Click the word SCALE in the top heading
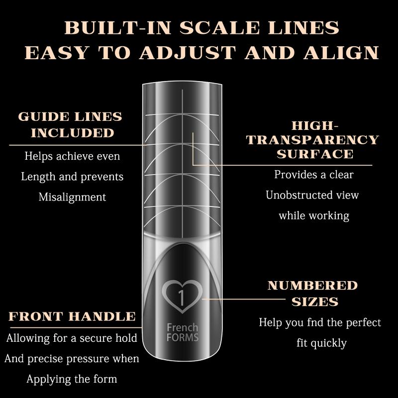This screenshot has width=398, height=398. (219, 28)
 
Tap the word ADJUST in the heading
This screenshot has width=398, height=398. (186, 53)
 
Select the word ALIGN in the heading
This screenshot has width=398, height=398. (341, 53)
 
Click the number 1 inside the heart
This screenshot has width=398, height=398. (181, 297)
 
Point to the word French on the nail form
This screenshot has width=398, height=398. (182, 327)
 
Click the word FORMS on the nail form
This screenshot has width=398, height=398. (183, 338)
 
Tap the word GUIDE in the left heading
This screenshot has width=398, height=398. (43, 117)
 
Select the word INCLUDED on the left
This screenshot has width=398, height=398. (73, 133)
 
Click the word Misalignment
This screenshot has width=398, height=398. (72, 197)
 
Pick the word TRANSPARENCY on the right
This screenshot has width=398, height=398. (312, 140)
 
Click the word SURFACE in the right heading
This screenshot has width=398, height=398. (315, 154)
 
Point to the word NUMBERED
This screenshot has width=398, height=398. (312, 286)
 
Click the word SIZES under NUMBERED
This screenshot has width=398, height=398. (315, 302)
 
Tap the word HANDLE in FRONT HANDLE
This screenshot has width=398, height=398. (102, 316)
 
